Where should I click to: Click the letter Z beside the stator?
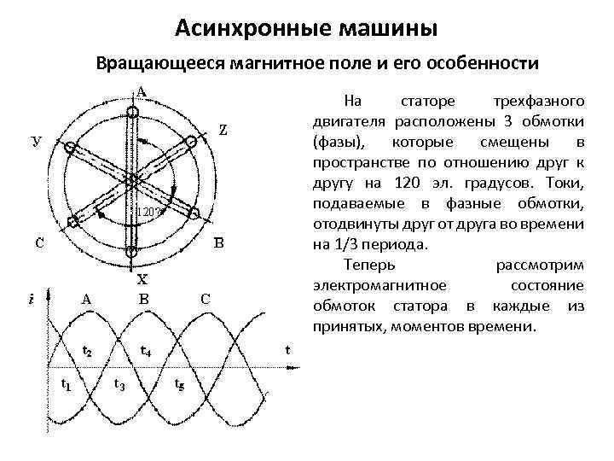tap(222, 130)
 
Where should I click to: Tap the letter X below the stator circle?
tap(142, 278)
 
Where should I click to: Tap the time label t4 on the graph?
tap(146, 350)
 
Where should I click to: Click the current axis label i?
tap(31, 299)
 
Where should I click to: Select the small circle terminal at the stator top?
tap(133, 111)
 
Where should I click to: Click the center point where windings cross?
tap(133, 178)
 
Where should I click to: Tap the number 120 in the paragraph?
tap(402, 188)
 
